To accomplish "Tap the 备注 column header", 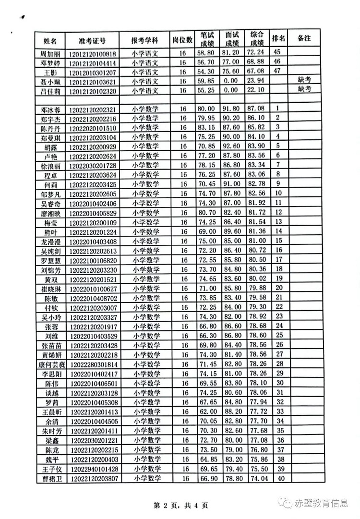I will tap(304, 38).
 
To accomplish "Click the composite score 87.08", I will tap(255, 109).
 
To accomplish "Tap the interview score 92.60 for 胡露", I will tap(231, 146).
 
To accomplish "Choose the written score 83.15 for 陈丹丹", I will tap(206, 128).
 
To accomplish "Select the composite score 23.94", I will tap(255, 81).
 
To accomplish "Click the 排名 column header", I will tap(278, 38).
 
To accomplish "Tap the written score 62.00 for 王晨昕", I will tap(206, 411).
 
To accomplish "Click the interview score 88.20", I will tap(231, 411).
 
